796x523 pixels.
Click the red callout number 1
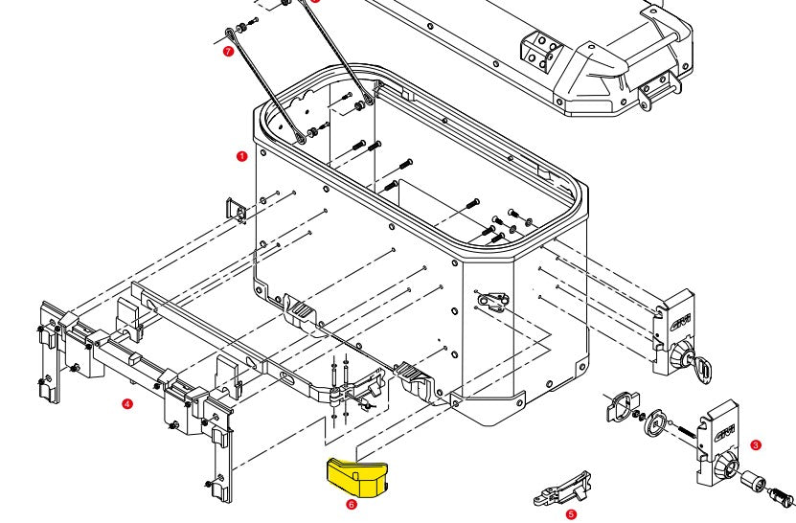(x=241, y=154)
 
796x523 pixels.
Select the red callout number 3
(x=756, y=444)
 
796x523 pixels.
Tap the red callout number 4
(x=127, y=404)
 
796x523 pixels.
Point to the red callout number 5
(x=571, y=513)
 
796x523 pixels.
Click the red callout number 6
(x=352, y=503)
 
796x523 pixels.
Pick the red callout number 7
(x=228, y=51)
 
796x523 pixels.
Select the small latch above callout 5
(x=564, y=489)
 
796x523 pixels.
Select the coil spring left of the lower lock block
(x=687, y=431)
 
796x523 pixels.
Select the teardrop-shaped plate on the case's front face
(x=490, y=301)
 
